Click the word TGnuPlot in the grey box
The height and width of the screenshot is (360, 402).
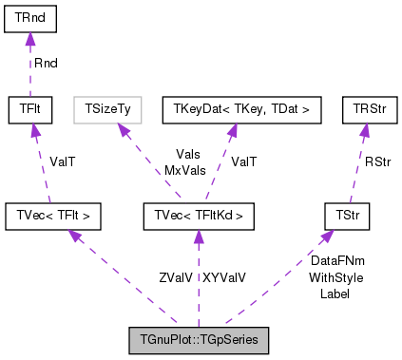tap(159, 340)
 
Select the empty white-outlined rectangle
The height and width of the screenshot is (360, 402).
tap(107, 110)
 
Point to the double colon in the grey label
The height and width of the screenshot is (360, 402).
tap(189, 340)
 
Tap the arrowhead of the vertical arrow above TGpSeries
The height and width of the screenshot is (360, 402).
tap(199, 236)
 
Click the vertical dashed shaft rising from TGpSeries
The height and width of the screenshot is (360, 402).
tap(199, 285)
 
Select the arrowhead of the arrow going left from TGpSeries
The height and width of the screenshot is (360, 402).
tap(74, 234)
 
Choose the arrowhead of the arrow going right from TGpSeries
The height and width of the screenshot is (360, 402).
tap(326, 235)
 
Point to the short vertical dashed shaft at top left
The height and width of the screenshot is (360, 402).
tap(30, 71)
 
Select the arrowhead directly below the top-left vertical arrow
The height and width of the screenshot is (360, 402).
tap(35, 129)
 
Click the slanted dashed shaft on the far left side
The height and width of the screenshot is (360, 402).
tap(43, 171)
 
